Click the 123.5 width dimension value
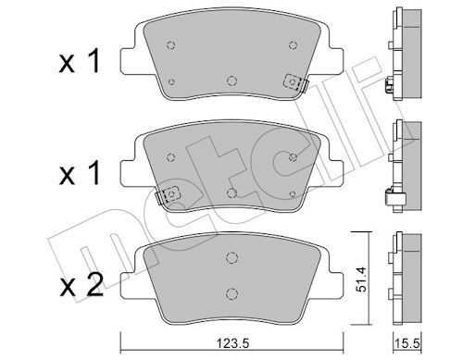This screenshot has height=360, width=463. click(x=232, y=342)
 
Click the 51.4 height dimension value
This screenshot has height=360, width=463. click(x=361, y=279)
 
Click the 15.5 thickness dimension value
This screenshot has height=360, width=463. click(x=407, y=342)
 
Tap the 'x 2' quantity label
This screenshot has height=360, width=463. click(x=81, y=285)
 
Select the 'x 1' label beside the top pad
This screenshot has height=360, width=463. click(x=80, y=62)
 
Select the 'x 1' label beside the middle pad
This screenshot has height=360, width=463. click(x=80, y=173)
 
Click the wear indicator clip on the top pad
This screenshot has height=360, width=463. click(x=296, y=82)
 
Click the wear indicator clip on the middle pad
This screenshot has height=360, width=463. click(x=169, y=195)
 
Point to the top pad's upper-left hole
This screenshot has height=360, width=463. click(x=170, y=45)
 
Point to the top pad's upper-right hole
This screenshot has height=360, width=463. click(x=293, y=45)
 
